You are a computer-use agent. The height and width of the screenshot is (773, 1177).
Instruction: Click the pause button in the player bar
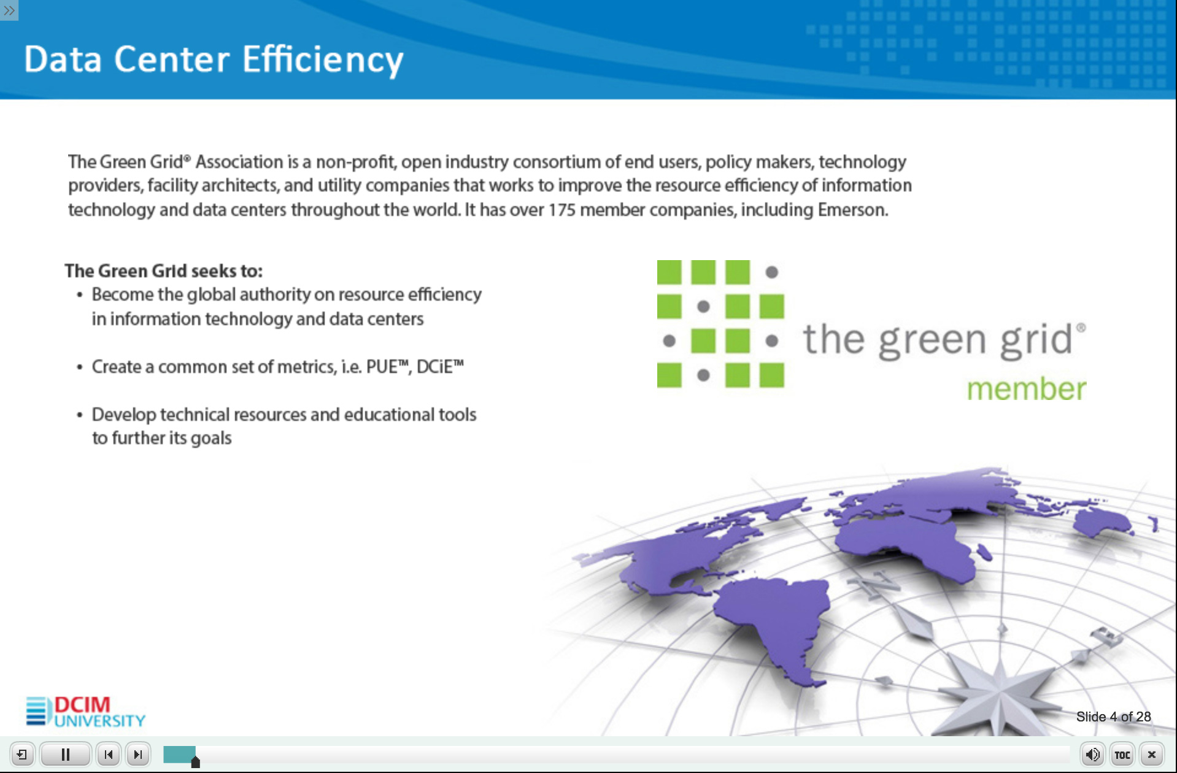[66, 754]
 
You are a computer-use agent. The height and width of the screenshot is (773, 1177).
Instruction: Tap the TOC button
[1122, 755]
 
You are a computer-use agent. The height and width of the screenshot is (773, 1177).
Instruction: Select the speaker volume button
[1092, 755]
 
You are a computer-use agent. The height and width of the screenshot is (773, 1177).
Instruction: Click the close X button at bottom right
[1152, 755]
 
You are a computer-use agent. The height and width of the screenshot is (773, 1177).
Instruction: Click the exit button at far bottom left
[22, 754]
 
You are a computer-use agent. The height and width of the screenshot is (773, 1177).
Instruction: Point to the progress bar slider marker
[195, 762]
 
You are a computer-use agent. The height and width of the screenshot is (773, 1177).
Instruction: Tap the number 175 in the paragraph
[561, 210]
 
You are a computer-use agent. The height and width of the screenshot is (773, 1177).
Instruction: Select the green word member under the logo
[1027, 389]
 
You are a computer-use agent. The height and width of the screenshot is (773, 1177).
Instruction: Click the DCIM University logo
[85, 712]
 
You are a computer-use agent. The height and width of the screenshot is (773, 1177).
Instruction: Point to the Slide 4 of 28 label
[1113, 717]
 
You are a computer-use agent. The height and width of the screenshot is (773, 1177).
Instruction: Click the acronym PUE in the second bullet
[382, 367]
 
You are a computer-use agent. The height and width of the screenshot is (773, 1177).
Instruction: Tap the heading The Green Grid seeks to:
[164, 271]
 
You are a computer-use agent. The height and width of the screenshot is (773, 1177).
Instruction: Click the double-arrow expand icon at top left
[9, 10]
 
